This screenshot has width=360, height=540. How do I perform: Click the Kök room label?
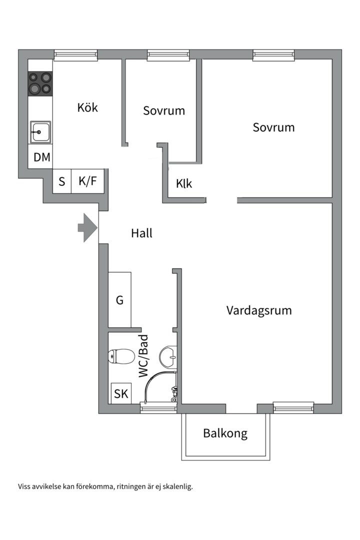(87, 107)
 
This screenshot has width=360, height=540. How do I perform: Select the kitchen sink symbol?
(40, 132)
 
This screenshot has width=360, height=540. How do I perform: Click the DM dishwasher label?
(42, 157)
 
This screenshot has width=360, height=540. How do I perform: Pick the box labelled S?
(62, 181)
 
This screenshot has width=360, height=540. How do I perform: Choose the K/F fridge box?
(87, 181)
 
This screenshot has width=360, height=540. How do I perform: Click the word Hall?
(141, 233)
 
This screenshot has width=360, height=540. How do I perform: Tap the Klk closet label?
(184, 183)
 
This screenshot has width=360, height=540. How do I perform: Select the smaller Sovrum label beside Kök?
(164, 110)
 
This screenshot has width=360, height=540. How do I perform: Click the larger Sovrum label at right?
(273, 127)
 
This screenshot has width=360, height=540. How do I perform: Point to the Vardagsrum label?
(259, 310)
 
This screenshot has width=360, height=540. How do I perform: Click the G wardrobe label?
(119, 300)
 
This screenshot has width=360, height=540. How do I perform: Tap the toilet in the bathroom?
(120, 356)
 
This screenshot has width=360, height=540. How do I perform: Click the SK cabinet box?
(121, 393)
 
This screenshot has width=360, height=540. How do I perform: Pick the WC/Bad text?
(144, 356)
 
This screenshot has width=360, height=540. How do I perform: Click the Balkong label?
(225, 433)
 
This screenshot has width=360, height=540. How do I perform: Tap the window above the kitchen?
(75, 55)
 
